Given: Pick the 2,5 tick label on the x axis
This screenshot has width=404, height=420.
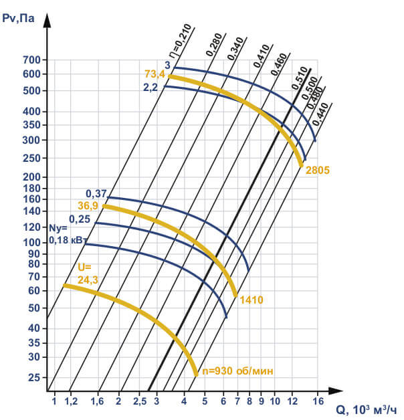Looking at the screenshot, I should click(139, 402).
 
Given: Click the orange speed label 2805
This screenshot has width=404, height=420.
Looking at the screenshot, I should click(318, 170).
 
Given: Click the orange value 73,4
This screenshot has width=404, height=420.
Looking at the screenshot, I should click(155, 74).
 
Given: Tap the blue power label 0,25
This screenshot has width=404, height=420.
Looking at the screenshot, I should click(79, 218).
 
